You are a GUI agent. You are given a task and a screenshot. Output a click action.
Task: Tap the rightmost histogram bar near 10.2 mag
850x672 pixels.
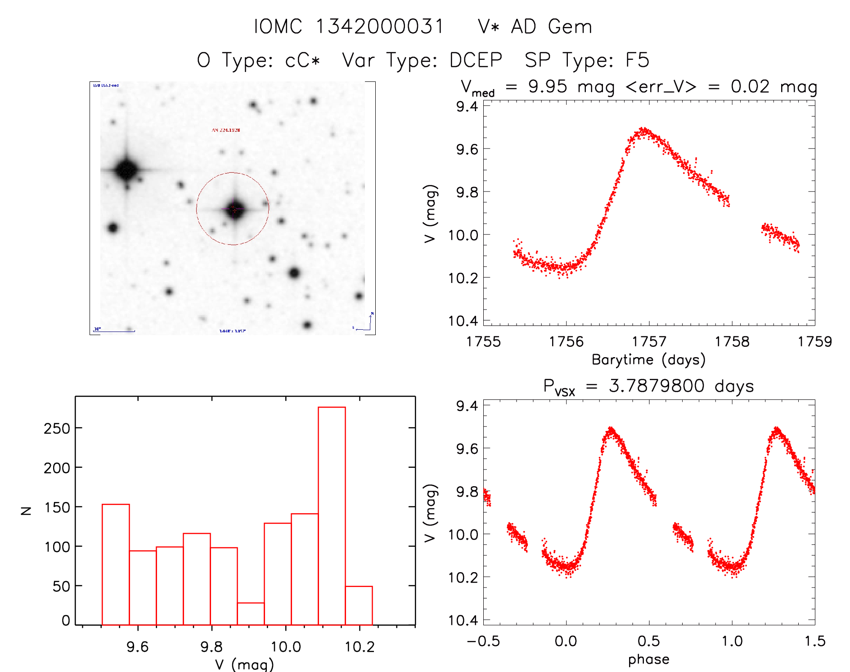tap(359, 605)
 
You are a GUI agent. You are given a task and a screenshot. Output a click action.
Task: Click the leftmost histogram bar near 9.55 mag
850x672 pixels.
tap(116, 564)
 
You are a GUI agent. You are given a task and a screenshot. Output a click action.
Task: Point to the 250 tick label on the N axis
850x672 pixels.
tap(57, 428)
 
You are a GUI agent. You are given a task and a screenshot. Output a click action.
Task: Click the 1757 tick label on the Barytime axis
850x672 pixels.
tap(649, 342)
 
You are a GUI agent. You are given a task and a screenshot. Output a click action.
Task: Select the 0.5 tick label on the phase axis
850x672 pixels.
tap(649, 641)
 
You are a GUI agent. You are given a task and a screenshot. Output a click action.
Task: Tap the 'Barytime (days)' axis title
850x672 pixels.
tap(648, 360)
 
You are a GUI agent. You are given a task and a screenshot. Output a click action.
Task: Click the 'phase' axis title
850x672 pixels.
tap(648, 659)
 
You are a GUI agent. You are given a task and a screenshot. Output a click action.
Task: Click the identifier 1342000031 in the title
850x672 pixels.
tap(380, 27)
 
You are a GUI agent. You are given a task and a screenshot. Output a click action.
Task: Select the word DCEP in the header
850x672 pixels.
tap(476, 60)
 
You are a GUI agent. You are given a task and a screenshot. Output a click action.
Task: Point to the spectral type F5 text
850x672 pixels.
tap(637, 60)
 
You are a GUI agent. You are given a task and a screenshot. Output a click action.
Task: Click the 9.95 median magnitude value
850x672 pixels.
tap(548, 86)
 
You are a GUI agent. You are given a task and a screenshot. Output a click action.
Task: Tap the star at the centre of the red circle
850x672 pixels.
tap(234, 209)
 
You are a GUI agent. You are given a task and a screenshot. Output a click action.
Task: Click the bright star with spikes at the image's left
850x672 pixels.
tap(126, 170)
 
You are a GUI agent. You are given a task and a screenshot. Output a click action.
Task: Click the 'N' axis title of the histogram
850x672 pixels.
tap(27, 511)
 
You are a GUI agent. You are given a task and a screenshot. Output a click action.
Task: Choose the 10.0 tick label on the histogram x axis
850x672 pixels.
tap(286, 647)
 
